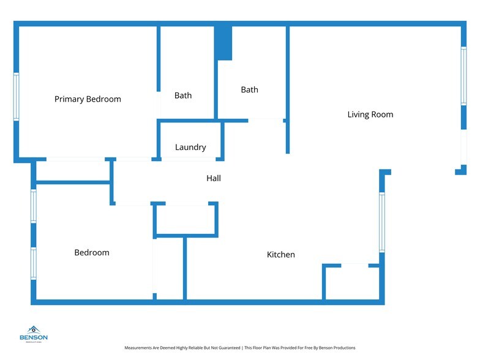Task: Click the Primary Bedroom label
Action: point(88,99)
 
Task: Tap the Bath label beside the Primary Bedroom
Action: point(183,96)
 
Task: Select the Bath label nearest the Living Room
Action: point(250,89)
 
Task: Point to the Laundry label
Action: point(190,147)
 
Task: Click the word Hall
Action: point(214,178)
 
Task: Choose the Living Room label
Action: point(370,114)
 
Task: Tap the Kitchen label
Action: point(280,255)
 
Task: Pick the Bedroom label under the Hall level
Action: point(92,252)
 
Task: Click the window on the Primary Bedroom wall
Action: point(16,97)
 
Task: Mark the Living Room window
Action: point(464,76)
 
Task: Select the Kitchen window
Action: point(382,222)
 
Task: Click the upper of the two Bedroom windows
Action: point(33,206)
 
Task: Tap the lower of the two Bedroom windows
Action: point(33,263)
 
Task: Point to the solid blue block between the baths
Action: point(223,43)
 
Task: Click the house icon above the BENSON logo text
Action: point(33,329)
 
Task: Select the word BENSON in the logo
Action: point(33,337)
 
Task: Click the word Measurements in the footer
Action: point(138,348)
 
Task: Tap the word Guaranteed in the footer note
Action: point(229,348)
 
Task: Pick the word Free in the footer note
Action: point(309,348)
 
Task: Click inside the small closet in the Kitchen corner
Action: point(353,283)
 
